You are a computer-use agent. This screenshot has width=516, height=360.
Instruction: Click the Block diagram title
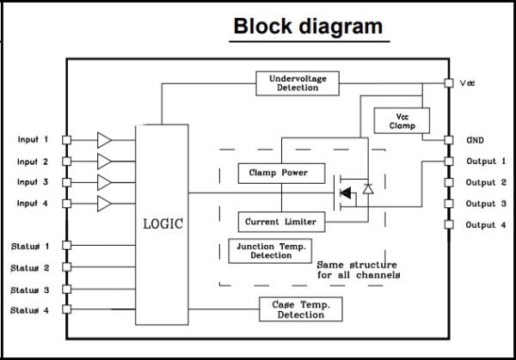pos(308,26)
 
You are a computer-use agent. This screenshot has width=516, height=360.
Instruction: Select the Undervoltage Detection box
pos(298,83)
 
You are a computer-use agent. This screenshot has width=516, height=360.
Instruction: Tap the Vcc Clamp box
pos(402,120)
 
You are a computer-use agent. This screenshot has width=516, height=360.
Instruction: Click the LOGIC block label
pos(163,224)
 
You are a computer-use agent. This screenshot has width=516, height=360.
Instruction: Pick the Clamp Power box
pos(282,174)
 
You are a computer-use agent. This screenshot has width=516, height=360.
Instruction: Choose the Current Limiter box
pos(282,222)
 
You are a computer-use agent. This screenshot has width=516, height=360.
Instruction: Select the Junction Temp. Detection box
pos(270,251)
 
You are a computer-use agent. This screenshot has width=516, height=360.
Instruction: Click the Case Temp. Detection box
pos(301,309)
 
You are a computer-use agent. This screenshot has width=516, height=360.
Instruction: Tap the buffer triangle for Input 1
pos(104,140)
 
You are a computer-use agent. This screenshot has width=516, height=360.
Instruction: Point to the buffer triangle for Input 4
pos(104,204)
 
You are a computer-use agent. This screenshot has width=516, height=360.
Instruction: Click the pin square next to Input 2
pos(67,162)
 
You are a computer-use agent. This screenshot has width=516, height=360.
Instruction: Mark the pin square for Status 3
pos(67,290)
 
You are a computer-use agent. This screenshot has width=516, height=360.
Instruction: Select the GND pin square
pos(449,140)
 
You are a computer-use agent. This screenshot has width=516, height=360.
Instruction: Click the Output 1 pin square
pos(449,161)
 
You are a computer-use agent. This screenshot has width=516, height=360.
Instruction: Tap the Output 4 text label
pos(486,225)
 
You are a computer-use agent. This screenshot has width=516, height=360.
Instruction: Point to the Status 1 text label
pos(30,247)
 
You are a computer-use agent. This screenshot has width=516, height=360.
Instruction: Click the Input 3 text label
pos(33,182)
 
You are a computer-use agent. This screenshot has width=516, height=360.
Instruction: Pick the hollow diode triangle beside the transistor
pos(368,189)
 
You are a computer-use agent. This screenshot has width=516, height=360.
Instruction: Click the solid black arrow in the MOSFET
pos(345,192)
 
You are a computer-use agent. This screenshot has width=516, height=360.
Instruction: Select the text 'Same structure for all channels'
pos(359,270)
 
